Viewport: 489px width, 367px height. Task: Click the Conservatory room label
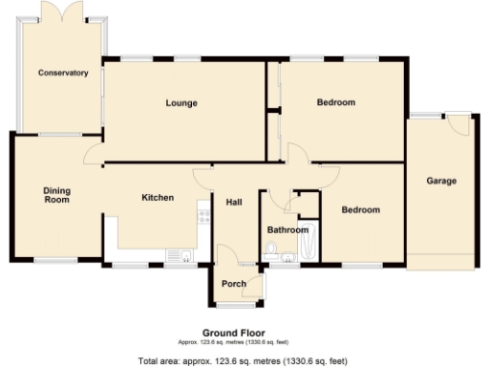(x=63, y=73)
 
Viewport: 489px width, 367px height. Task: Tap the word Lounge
(x=181, y=102)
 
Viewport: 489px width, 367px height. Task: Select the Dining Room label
(x=57, y=195)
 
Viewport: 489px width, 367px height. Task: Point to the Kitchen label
(x=158, y=198)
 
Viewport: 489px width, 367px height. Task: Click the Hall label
(x=234, y=202)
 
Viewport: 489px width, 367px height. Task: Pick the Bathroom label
(x=287, y=229)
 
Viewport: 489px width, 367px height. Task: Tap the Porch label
(x=234, y=284)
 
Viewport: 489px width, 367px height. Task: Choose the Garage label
(x=441, y=181)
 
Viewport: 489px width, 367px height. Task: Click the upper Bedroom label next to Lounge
(x=336, y=102)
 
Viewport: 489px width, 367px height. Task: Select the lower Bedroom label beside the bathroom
(x=361, y=210)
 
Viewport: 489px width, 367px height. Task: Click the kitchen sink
(x=177, y=254)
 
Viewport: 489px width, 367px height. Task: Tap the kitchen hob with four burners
(x=202, y=214)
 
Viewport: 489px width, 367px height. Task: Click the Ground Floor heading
(x=227, y=334)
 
